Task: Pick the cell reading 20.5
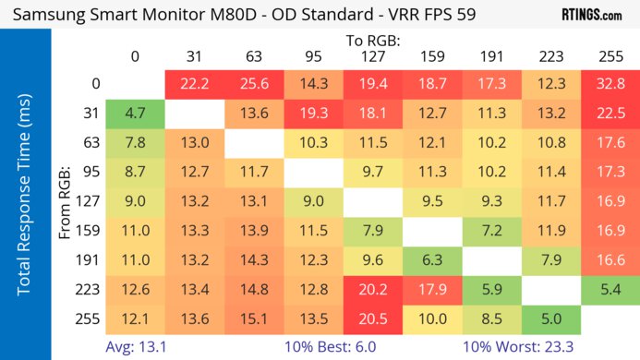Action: tap(372, 318)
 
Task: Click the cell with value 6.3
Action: tap(431, 260)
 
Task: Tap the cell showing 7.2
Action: tap(491, 229)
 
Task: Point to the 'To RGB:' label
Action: tap(372, 41)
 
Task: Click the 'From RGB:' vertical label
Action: tap(66, 203)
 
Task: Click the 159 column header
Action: tap(431, 56)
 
